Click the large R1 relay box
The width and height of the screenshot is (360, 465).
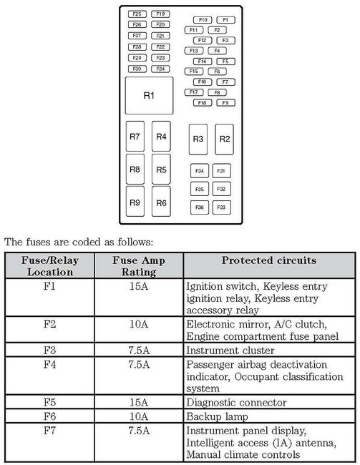[148, 96]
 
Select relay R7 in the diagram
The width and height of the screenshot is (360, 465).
[135, 137]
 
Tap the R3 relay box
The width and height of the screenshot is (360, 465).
[198, 139]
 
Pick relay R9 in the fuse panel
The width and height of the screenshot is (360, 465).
[135, 202]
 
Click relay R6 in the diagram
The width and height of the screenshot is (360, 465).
[161, 202]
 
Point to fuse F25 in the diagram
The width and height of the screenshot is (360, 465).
[137, 14]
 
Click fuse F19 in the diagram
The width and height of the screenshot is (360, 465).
[160, 14]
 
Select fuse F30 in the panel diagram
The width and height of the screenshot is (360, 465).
[137, 69]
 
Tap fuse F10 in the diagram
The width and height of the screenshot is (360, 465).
[203, 19]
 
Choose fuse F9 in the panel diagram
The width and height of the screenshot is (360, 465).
[225, 103]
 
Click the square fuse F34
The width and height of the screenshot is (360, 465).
[200, 171]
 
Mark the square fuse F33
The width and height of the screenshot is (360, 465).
[221, 207]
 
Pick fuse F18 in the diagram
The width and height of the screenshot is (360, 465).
[203, 103]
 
